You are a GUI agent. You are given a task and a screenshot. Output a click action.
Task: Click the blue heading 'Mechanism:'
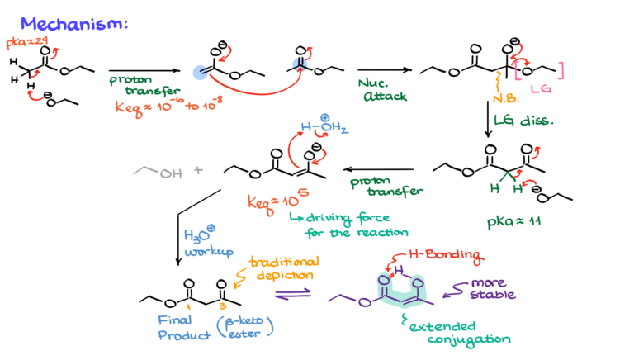74,23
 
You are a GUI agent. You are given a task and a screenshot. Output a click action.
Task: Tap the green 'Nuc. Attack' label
382,90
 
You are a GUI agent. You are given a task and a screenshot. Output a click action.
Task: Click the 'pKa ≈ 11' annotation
513,221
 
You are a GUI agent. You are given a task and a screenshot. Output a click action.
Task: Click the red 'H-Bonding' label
447,256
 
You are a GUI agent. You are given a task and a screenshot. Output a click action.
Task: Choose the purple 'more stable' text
492,288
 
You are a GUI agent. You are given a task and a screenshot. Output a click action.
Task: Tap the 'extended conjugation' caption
459,332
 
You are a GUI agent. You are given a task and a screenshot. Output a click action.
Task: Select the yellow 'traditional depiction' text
283,268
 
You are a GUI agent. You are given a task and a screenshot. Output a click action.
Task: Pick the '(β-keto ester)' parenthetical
245,327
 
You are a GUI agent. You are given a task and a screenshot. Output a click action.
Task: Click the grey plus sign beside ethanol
198,170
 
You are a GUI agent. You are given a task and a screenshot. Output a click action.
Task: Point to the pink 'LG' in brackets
540,88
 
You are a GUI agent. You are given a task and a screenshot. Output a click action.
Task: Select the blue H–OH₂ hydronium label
324,129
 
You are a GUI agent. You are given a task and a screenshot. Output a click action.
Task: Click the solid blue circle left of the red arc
199,73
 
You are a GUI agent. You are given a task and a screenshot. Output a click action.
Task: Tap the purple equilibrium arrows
292,292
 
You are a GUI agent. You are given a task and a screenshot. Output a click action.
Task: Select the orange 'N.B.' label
502,97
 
